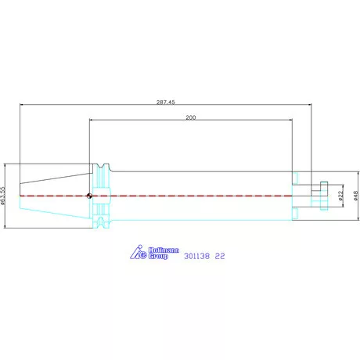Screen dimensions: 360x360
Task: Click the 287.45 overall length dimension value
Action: [x=166, y=102]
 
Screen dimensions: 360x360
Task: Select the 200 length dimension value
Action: [x=191, y=117]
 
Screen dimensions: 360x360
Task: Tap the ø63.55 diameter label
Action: [x=2, y=196]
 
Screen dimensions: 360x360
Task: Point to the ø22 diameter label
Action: [x=340, y=196]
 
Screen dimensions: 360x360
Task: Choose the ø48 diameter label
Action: [x=356, y=196]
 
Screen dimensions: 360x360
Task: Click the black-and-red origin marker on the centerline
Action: [x=89, y=196]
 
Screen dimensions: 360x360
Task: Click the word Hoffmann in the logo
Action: [x=164, y=250]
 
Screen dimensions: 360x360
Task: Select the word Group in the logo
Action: [x=158, y=256]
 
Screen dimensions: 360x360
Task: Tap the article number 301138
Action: [x=196, y=256]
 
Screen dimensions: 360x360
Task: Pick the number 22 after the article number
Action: [x=220, y=256]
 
